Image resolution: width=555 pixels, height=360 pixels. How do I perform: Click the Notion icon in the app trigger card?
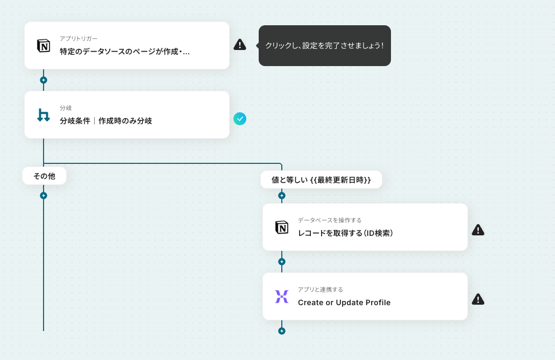pos(44,46)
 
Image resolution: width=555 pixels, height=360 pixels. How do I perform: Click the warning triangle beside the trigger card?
pos(240,45)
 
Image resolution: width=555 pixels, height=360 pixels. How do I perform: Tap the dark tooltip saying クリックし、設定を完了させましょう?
pos(324,46)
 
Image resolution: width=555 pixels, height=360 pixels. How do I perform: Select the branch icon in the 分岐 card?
pos(44,115)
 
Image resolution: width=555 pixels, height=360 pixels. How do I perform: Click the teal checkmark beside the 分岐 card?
pos(240,118)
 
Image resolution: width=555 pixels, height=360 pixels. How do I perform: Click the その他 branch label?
pos(44,176)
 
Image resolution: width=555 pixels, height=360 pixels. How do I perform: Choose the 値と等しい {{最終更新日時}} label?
pos(321,180)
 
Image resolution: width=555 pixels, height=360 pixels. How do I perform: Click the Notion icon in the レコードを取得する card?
pos(282,227)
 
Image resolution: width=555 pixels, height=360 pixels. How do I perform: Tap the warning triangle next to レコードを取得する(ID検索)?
pos(478,230)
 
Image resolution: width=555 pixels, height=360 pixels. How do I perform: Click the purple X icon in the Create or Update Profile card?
pos(282,297)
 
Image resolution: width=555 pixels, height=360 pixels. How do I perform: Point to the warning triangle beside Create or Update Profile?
pos(478,299)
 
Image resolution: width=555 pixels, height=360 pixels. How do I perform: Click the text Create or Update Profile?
pos(344,303)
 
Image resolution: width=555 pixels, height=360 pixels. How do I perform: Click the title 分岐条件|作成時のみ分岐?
pos(106,121)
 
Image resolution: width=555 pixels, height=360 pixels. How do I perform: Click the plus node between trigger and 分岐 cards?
pos(44,80)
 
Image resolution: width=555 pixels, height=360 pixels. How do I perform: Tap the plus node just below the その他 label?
pos(44,196)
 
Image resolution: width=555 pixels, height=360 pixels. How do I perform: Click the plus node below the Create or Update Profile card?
pos(282,331)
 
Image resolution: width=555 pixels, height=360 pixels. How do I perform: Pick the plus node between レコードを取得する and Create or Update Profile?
pos(282,262)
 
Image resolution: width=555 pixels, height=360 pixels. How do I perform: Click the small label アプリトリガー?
pos(79,39)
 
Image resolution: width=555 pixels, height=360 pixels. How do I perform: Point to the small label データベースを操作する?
pos(330,220)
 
